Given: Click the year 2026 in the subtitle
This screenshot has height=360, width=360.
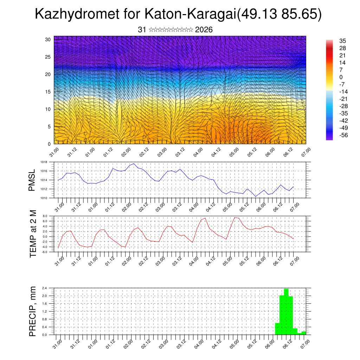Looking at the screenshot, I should pos(204,30).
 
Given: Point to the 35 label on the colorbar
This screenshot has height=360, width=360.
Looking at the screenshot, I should pos(342,41).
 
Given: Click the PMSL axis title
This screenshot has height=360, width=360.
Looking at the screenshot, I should pos(32,180).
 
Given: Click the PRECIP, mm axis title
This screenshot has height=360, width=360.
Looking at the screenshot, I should pos(33,311).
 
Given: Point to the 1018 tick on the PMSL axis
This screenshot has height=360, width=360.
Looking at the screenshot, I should pos(44,162).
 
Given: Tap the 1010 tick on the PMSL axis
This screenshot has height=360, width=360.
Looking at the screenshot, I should pos(44,198).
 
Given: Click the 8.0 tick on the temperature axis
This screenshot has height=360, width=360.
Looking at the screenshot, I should pos(45,216).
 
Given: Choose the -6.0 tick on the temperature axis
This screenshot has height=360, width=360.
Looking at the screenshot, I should pos(44,252).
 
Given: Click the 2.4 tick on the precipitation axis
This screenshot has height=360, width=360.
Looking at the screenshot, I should pos(45,288).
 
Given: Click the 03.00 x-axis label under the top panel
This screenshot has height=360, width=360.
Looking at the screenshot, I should pos(162,153).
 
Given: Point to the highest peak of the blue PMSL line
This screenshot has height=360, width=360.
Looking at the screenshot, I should pos(134,163).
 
